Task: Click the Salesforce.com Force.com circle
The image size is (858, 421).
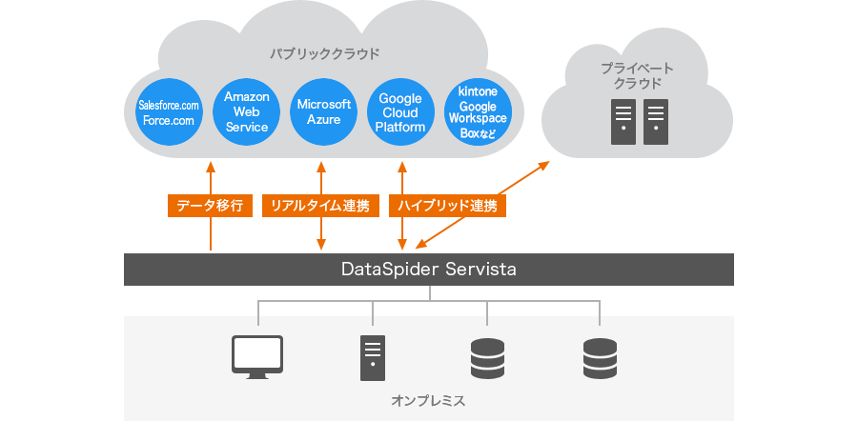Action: click(169, 112)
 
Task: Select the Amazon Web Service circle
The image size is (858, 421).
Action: click(246, 112)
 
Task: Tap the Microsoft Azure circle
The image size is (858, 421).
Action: click(323, 112)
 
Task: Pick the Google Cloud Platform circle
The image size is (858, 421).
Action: click(400, 112)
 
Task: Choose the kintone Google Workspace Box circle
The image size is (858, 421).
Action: click(478, 112)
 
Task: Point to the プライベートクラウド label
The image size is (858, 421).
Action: click(637, 76)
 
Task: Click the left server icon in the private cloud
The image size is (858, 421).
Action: click(623, 123)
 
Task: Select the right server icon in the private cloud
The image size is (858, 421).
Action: click(656, 123)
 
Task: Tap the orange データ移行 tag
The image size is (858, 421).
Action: click(210, 205)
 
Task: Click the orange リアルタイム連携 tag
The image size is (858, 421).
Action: click(319, 205)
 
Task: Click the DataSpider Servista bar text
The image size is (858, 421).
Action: click(429, 270)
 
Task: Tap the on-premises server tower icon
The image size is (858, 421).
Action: click(373, 356)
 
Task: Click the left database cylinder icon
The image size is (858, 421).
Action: click(487, 356)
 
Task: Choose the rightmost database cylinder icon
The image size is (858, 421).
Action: click(601, 356)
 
